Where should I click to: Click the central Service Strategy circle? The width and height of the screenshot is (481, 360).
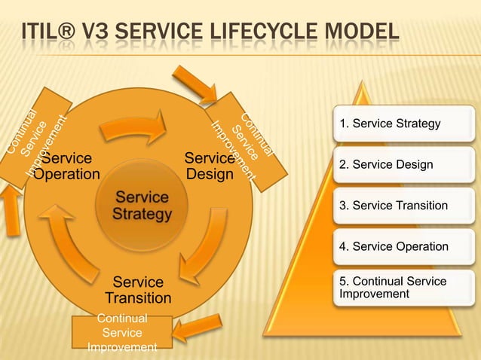pos(142,206)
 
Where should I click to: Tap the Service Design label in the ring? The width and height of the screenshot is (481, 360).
pos(210,166)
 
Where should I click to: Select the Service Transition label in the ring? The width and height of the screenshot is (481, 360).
pos(138,291)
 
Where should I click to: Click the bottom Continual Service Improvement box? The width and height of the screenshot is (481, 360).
pos(122,333)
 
